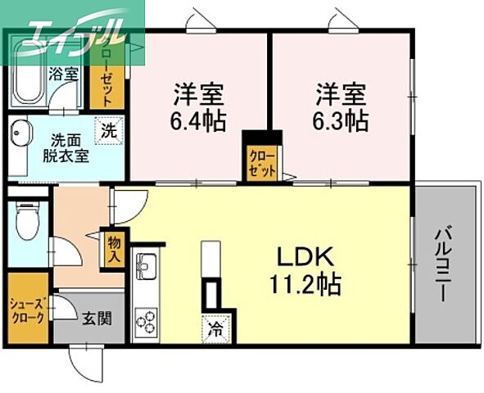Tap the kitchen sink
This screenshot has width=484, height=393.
pos(147,267)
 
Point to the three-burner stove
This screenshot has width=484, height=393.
pos(147,319)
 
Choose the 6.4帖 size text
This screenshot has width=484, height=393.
pos(197,120)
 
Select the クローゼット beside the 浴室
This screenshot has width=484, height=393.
pos(102,75)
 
